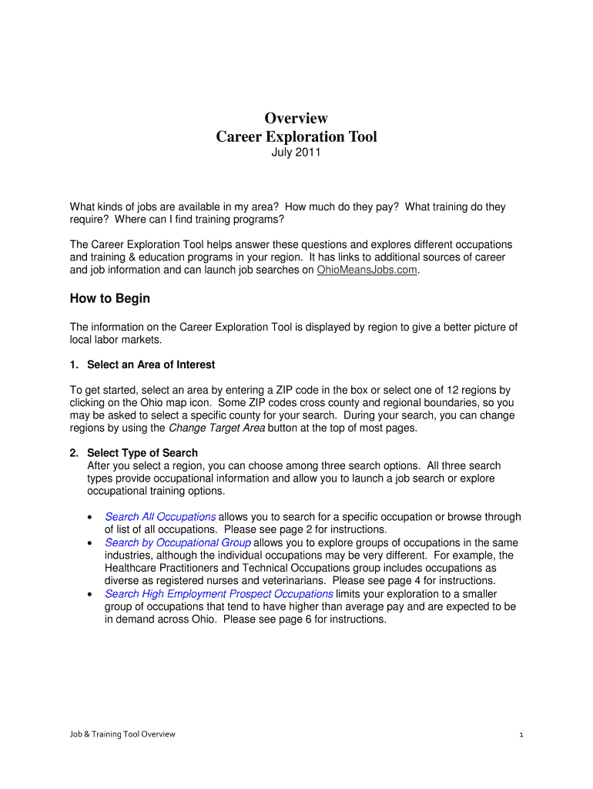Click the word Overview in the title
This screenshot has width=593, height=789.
(296, 118)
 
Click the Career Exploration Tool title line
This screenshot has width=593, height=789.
(296, 137)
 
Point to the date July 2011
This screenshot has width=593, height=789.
(296, 153)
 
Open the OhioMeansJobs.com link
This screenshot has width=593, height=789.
(367, 270)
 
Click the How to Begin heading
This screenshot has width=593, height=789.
(110, 299)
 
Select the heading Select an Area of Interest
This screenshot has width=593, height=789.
(151, 364)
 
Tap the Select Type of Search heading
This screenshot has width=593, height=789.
(142, 453)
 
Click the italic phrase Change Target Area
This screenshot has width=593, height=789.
(216, 428)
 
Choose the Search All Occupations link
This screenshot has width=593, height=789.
(160, 517)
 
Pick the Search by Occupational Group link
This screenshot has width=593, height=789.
(178, 542)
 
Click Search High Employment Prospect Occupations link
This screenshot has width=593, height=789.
(219, 593)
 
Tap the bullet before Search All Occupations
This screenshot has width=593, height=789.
(91, 518)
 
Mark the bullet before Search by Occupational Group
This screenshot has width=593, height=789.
(91, 543)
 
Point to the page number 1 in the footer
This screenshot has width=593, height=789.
(521, 734)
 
